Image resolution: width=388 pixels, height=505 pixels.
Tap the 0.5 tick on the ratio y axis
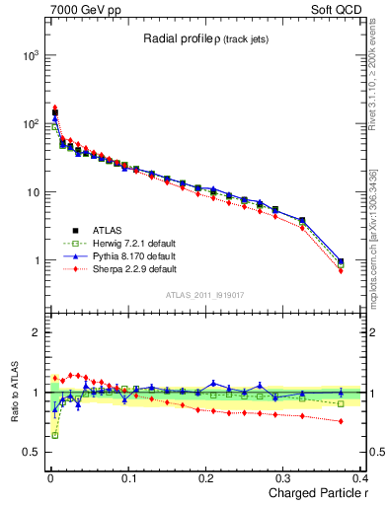coord(26,453)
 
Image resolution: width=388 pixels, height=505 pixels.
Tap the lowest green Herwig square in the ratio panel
coord(54,435)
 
